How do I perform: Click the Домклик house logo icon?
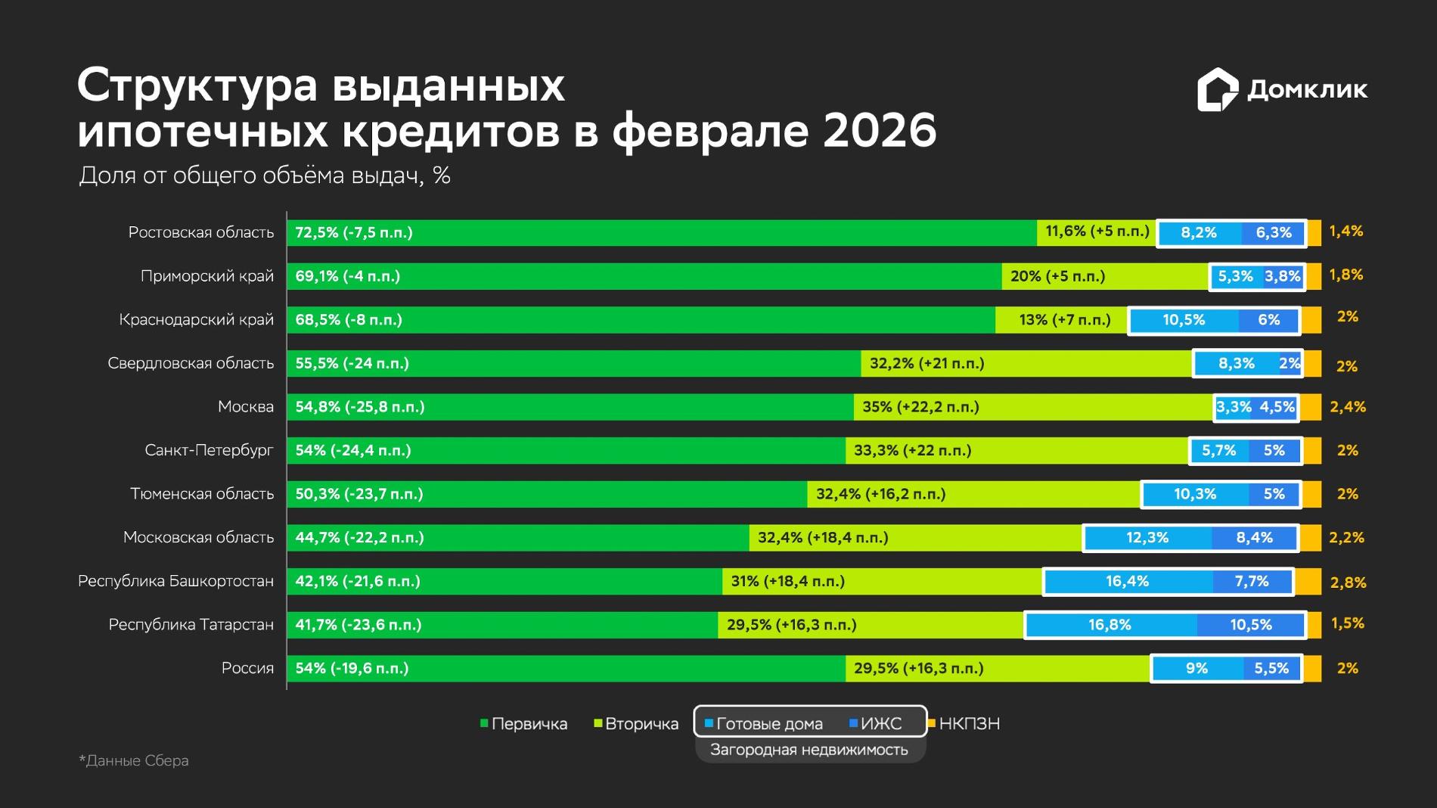pyautogui.click(x=1218, y=90)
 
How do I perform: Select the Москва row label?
pyautogui.click(x=246, y=407)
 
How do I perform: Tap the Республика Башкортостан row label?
pyautogui.click(x=176, y=581)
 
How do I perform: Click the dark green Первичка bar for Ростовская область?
pyautogui.click(x=662, y=232)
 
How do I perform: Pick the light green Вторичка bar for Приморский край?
pyautogui.click(x=1105, y=276)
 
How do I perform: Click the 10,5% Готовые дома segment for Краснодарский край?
pyautogui.click(x=1184, y=320)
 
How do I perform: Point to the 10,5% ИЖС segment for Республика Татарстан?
pyautogui.click(x=1250, y=625)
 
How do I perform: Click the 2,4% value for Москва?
pyautogui.click(x=1348, y=407)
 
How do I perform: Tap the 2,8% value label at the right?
pyautogui.click(x=1349, y=583)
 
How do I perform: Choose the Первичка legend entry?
pyautogui.click(x=523, y=724)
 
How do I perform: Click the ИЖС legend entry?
pyautogui.click(x=876, y=724)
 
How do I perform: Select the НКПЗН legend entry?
pyautogui.click(x=964, y=724)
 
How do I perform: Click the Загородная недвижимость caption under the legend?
pyautogui.click(x=809, y=750)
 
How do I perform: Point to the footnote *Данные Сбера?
pyautogui.click(x=134, y=760)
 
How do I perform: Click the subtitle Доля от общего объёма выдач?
pyautogui.click(x=265, y=176)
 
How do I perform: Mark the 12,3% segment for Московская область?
pyautogui.click(x=1148, y=538)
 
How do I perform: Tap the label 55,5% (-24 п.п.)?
pyautogui.click(x=352, y=363)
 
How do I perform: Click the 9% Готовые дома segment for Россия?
pyautogui.click(x=1197, y=669)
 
